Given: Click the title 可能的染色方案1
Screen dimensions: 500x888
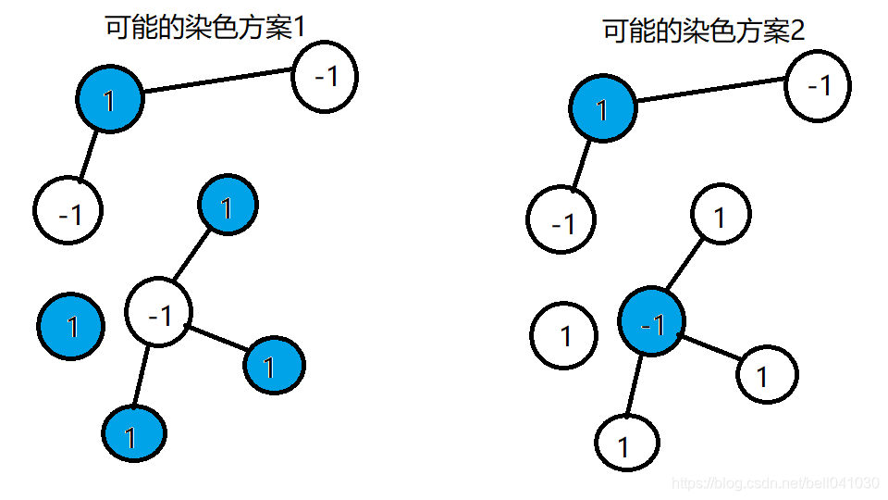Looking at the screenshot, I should coord(204,27).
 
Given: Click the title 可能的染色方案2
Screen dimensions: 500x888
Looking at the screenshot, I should coord(703,31).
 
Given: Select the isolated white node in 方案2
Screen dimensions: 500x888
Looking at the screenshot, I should coord(565,334).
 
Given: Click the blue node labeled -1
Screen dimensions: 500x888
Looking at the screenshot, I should coord(652,323).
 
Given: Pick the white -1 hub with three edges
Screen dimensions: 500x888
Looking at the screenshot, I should coord(159,314).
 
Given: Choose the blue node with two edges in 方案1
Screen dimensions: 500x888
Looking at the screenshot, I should coord(110,99).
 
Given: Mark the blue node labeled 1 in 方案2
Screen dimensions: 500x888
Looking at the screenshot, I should coord(602,109).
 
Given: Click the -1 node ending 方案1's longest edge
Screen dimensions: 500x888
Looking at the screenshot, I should coord(325,76).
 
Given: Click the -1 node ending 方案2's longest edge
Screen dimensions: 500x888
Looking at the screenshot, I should coord(818,85).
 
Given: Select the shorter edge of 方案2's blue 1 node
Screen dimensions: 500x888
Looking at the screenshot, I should coord(582,164).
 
